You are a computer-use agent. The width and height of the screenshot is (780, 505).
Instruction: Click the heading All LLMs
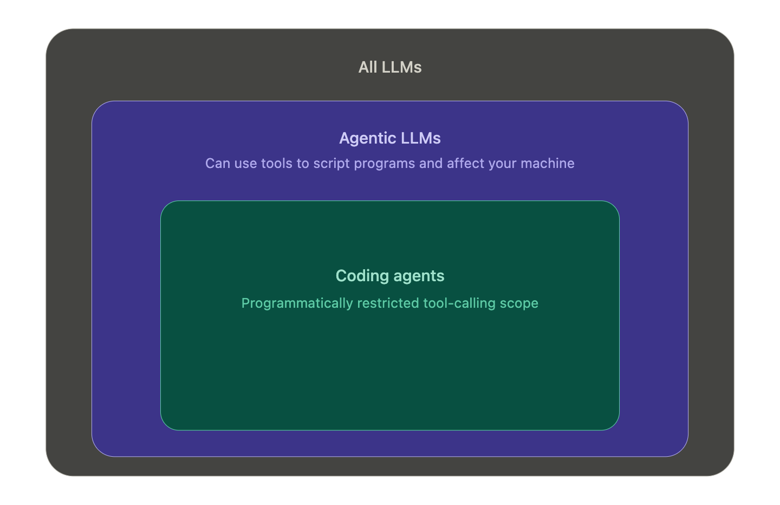point(390,67)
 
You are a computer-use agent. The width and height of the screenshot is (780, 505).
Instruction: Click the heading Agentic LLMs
point(390,138)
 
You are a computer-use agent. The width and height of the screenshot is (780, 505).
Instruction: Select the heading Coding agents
point(390,276)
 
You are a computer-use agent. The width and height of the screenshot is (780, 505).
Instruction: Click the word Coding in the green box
point(362,276)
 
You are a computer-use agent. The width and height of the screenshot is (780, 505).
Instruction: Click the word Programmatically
point(297,303)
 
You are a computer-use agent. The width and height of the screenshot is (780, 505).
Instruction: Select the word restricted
point(388,303)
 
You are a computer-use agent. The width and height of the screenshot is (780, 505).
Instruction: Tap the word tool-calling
point(459,303)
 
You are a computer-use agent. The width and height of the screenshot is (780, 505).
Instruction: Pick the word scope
point(519,304)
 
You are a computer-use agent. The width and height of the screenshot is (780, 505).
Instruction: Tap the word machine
point(548,163)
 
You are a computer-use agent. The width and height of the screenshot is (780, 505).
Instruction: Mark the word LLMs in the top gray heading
point(401,67)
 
